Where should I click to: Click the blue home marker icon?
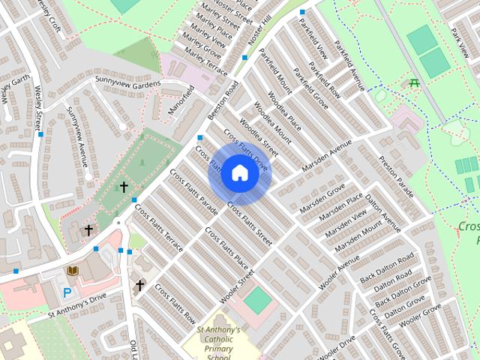[x=239, y=172]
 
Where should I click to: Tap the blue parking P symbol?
[x=67, y=292]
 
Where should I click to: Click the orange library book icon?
[x=73, y=271]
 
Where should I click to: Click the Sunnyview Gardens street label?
[x=127, y=82]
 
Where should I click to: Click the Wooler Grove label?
[x=421, y=314]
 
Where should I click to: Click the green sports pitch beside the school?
[x=258, y=301]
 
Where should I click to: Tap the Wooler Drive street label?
[x=337, y=347]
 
